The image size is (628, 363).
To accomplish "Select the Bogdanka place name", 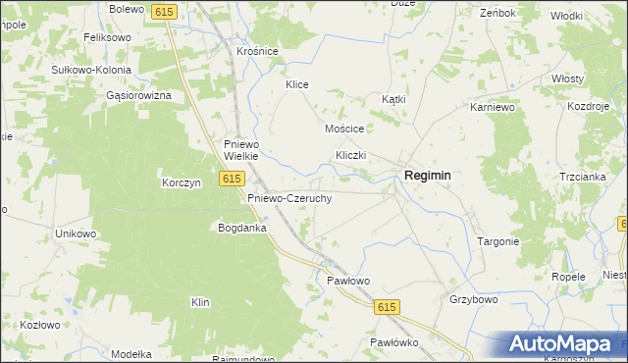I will tap(242, 228).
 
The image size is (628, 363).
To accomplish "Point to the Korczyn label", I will tap(182, 182).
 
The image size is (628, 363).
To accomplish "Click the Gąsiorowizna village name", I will tap(139, 96).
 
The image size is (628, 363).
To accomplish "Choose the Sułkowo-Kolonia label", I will tap(92, 71).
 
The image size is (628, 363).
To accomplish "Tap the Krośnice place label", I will tap(258, 51).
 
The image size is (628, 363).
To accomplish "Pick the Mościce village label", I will tap(344, 129).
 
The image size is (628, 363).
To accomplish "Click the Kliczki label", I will tap(350, 156).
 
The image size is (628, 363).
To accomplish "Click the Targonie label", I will tap(497, 241).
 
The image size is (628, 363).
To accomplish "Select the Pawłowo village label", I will tap(347, 281).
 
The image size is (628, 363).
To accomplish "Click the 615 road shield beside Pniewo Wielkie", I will tap(232, 179).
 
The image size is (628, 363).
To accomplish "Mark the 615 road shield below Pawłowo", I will tap(387, 308).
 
